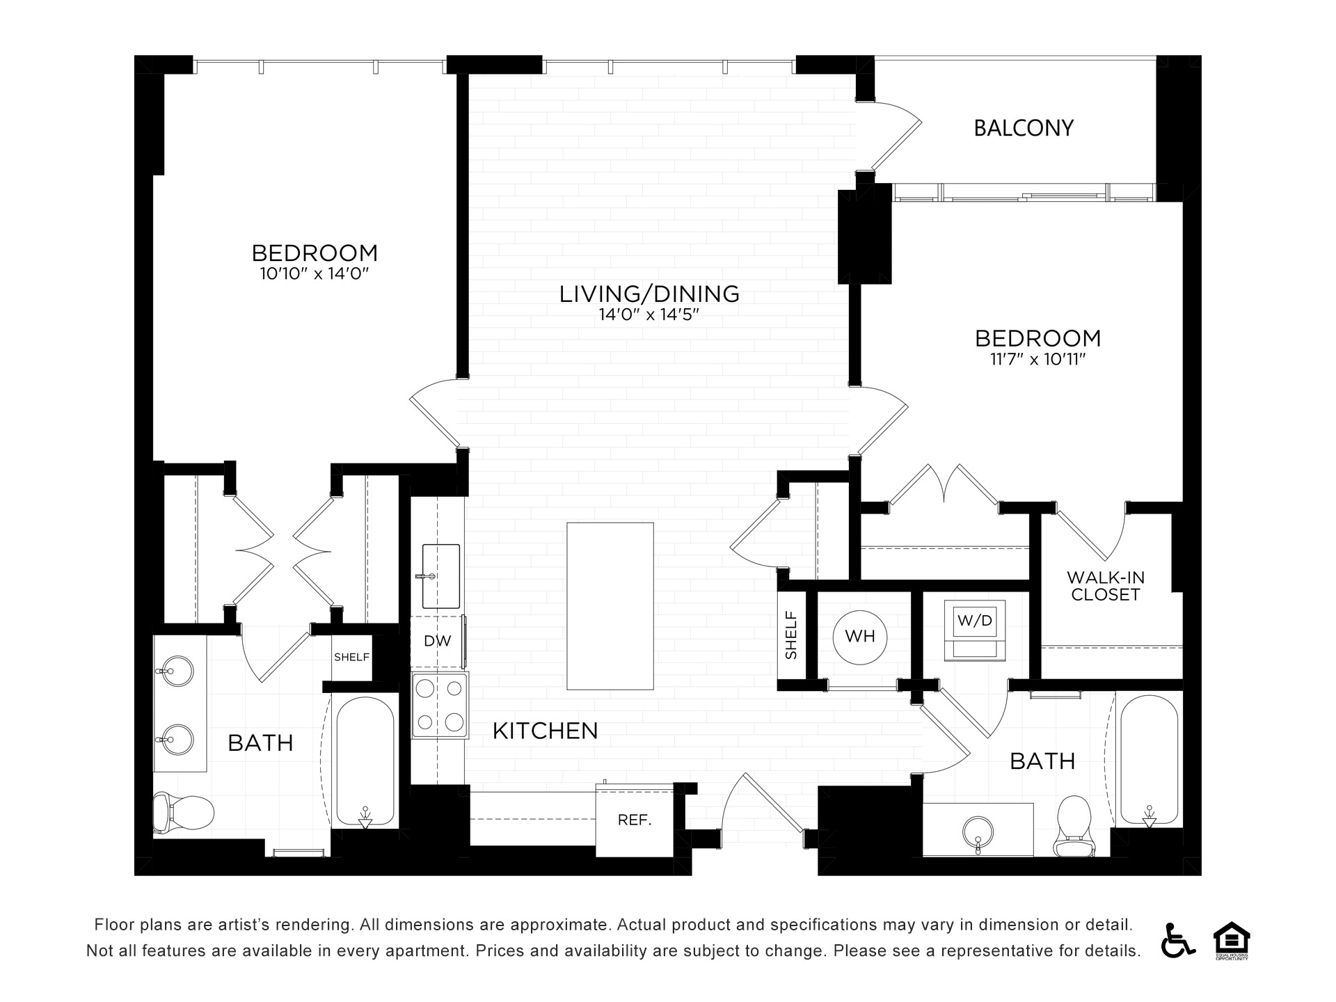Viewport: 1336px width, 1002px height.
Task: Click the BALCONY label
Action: (1024, 128)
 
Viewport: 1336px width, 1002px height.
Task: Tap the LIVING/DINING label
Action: (649, 294)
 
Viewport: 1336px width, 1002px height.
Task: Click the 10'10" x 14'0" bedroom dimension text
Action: (314, 273)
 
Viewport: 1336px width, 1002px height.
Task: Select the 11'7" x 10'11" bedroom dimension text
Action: (1038, 359)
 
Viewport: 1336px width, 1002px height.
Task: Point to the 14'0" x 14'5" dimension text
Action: (649, 315)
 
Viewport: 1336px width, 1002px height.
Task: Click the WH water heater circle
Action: (860, 637)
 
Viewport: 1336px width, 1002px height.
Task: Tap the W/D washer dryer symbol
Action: (974, 630)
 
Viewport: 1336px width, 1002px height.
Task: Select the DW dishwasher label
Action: (438, 642)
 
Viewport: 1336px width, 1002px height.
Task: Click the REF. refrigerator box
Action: (635, 820)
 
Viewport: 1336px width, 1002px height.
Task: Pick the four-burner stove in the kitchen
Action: (440, 705)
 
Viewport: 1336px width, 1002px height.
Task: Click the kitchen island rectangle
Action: (610, 606)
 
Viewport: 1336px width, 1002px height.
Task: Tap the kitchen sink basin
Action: (441, 575)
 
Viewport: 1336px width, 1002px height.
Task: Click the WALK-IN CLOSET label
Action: (1106, 586)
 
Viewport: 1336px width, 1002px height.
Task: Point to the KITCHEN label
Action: (546, 731)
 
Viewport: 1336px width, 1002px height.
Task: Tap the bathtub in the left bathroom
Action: (365, 761)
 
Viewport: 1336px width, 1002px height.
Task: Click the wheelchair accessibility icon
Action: (1177, 940)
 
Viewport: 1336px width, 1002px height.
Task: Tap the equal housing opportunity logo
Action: (1232, 940)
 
